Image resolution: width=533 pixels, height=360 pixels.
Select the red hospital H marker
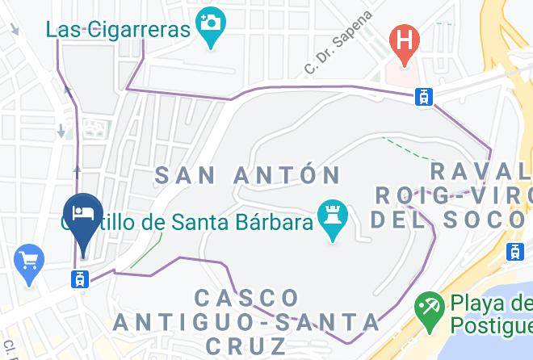tap(401, 38)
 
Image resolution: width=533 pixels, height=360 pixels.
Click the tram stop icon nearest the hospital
tap(422, 96)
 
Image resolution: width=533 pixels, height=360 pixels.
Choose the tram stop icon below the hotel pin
tap(79, 278)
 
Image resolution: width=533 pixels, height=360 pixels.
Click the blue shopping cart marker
tap(30, 262)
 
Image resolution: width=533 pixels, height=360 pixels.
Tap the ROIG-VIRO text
tap(452, 195)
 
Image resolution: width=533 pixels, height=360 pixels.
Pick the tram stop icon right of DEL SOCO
tap(514, 251)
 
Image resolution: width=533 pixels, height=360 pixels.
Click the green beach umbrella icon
tap(426, 308)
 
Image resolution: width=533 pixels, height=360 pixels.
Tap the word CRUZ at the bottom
tap(247, 346)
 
